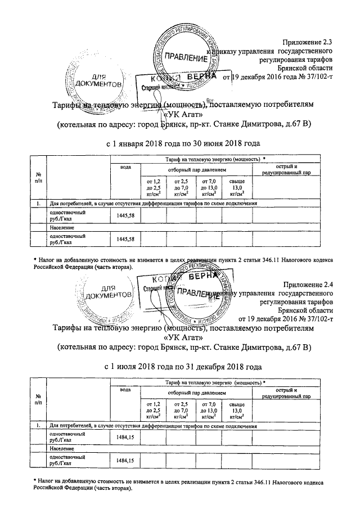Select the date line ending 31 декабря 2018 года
click(183, 366)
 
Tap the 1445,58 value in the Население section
click(123, 239)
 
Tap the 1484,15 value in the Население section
click(123, 461)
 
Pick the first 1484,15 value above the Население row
click(123, 437)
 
